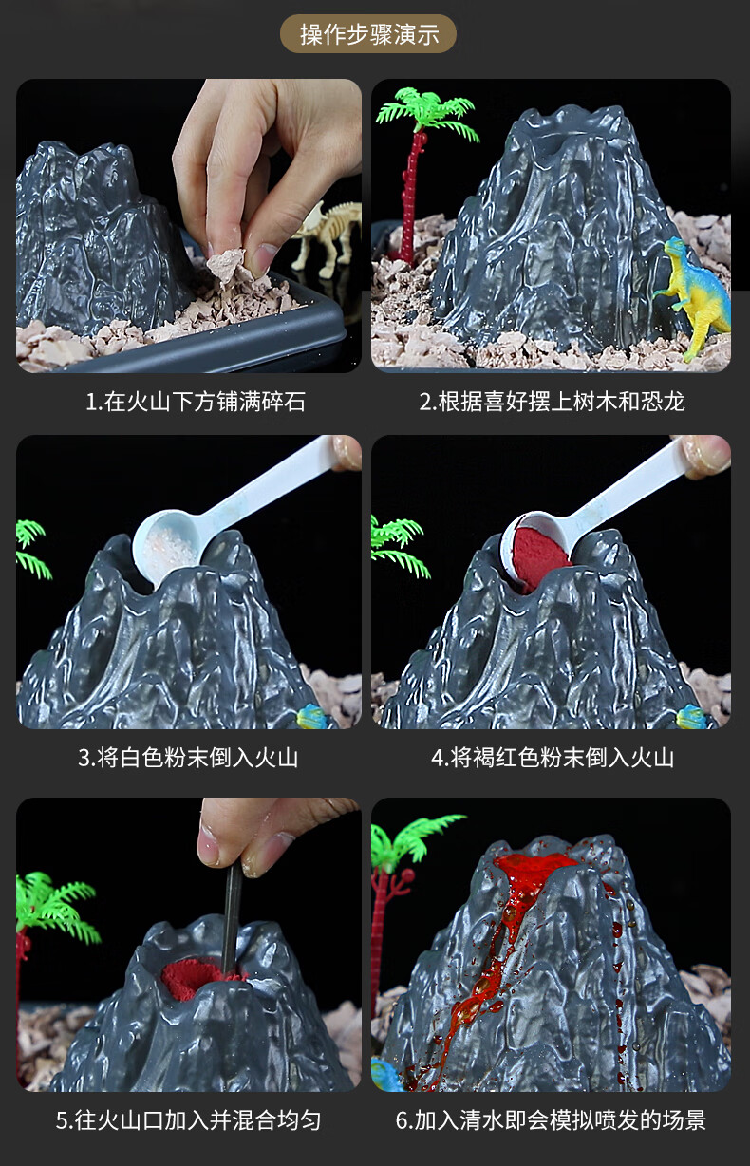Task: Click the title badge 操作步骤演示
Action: [369, 35]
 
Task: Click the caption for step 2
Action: [552, 401]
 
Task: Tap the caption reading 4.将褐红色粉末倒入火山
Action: [552, 758]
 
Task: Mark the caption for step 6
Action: [551, 1120]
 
